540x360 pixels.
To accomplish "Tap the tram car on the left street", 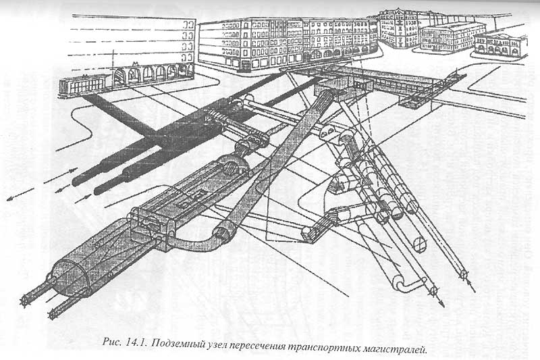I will coord(82,84).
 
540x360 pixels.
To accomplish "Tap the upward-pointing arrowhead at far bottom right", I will coord(464,276).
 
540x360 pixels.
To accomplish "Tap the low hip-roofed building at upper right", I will coord(452,35).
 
